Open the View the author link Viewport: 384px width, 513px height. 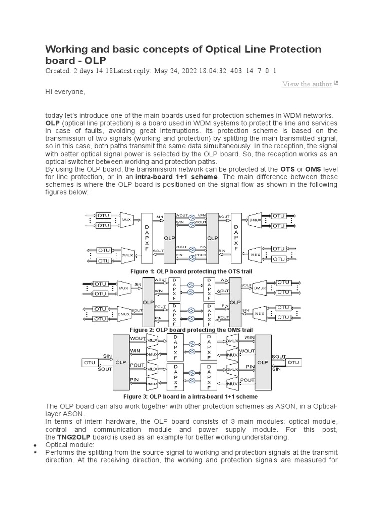(307, 84)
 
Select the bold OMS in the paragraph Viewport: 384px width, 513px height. (313, 170)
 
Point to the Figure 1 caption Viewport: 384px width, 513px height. (191, 271)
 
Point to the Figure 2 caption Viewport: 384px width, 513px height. (191, 330)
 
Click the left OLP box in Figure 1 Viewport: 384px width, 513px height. (169, 239)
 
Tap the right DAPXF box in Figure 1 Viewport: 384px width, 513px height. (237, 239)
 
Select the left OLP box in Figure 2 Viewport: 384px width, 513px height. (148, 302)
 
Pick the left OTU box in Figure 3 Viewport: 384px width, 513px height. (90, 362)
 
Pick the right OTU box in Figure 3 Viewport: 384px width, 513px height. (293, 362)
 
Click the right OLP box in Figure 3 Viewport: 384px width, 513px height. (263, 362)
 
